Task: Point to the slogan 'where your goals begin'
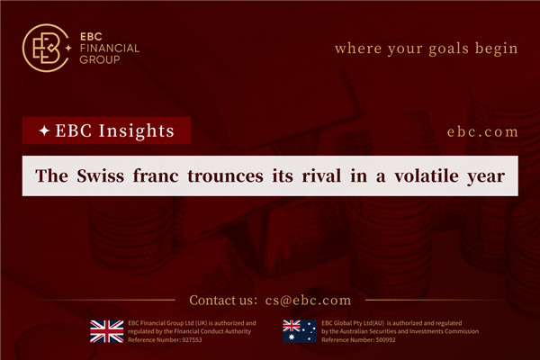click(426, 48)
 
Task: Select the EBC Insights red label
click(106, 131)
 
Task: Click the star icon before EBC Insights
click(44, 131)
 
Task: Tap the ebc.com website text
click(482, 131)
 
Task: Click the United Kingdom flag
click(105, 330)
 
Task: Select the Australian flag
click(299, 330)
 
